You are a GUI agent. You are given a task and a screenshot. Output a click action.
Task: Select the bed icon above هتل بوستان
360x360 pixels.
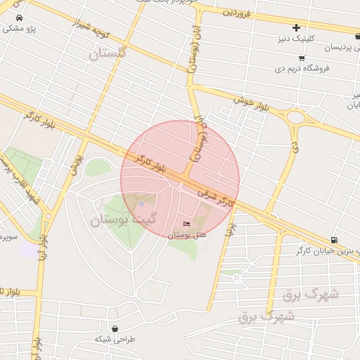click(186, 224)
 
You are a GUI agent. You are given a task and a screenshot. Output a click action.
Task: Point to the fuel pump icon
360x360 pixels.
click(333, 240)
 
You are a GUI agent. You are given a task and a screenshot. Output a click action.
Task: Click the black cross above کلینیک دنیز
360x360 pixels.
click(296, 27)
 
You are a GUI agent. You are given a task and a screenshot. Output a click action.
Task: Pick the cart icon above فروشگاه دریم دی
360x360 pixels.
click(302, 58)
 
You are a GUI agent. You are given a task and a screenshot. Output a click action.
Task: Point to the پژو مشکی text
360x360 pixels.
click(19, 29)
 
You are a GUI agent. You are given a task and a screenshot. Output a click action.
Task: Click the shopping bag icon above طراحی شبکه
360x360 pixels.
click(114, 328)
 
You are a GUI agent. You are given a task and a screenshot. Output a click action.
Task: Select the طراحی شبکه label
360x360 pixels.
click(114, 339)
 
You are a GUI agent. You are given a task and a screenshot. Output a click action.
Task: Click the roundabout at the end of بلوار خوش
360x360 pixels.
click(296, 118)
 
